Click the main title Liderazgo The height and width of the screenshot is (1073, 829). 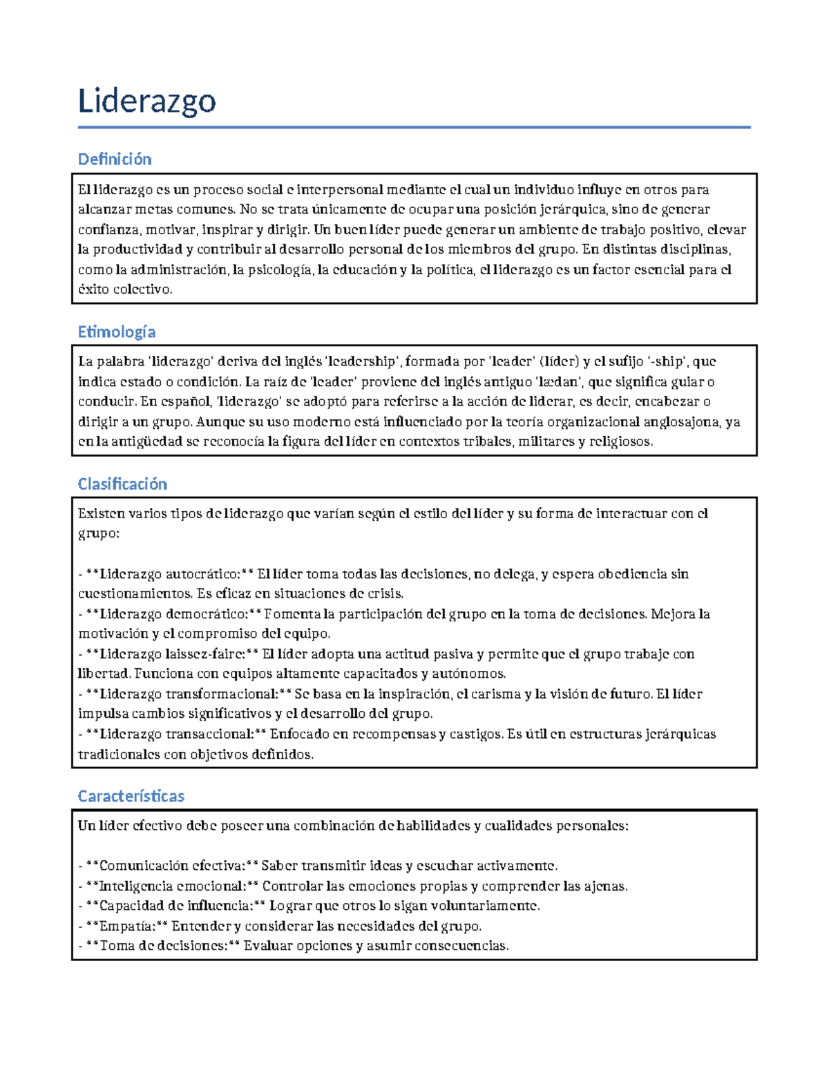click(x=146, y=101)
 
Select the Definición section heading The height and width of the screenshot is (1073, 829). click(x=115, y=159)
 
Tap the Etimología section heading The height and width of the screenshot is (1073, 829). click(x=116, y=332)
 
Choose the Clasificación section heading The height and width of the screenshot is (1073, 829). click(x=122, y=484)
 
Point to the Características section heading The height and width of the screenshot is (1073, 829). click(x=131, y=796)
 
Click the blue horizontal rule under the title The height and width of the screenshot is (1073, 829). click(x=414, y=127)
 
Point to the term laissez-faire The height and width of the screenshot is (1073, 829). click(x=205, y=654)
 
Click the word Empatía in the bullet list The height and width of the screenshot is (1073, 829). click(x=127, y=926)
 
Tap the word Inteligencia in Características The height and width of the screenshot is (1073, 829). click(x=135, y=886)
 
